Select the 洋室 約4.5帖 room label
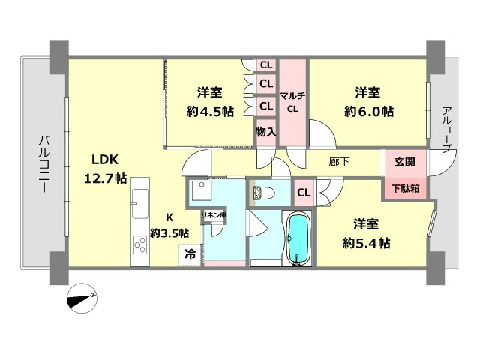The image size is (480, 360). pyautogui.click(x=209, y=102)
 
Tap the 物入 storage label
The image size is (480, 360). pyautogui.click(x=265, y=132)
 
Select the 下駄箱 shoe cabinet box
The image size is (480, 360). pyautogui.click(x=406, y=187)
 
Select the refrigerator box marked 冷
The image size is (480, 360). pyautogui.click(x=190, y=254)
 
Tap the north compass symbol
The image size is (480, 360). pyautogui.click(x=82, y=298)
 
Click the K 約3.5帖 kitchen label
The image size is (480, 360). pyautogui.click(x=169, y=224)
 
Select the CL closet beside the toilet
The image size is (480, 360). pyautogui.click(x=304, y=193)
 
